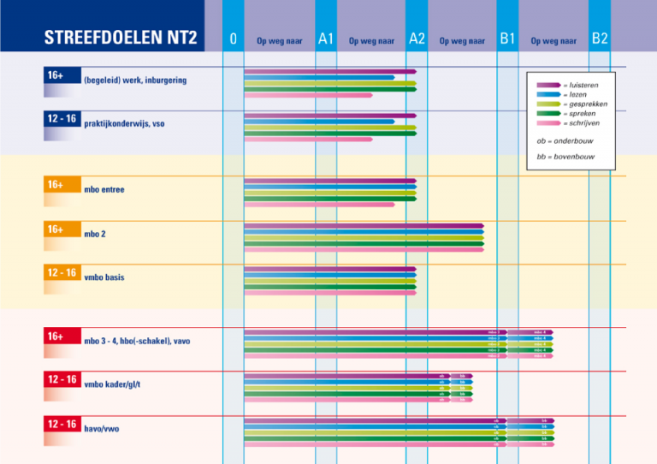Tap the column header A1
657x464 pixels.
pos(325,39)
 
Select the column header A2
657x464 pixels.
pos(417,39)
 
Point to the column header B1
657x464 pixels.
pos(507,39)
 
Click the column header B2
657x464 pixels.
pos(600,39)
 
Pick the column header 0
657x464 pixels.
pos(233,39)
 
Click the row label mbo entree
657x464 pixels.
pos(104,189)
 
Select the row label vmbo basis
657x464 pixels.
pos(104,277)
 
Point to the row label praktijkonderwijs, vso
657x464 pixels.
pos(124,124)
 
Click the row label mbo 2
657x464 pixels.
pos(95,234)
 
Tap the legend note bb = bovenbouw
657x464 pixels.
pos(565,157)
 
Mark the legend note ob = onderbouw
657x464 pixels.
pos(565,140)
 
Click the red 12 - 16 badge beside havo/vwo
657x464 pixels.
pos(62,424)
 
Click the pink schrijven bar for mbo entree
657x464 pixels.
pos(319,205)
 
